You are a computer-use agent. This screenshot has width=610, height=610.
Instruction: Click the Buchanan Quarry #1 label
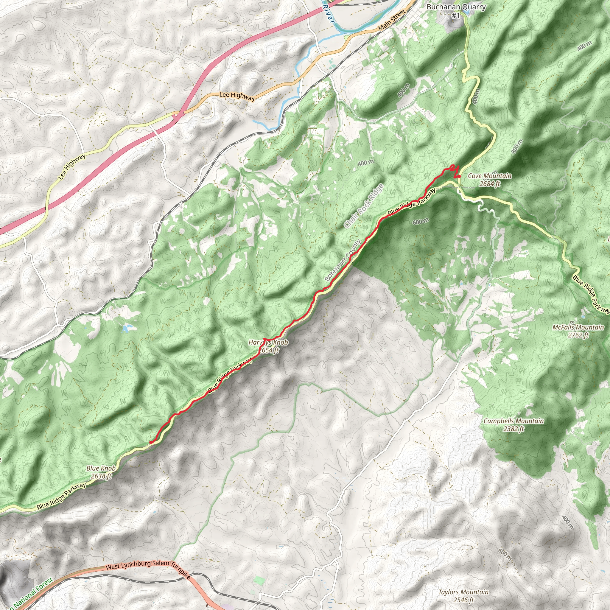click(x=456, y=11)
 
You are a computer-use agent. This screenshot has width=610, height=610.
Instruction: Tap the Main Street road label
click(x=392, y=20)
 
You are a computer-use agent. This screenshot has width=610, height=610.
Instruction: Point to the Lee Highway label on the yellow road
click(x=72, y=166)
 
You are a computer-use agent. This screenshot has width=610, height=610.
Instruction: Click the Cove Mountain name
click(x=490, y=176)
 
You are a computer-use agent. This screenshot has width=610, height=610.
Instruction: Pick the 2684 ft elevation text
click(x=490, y=183)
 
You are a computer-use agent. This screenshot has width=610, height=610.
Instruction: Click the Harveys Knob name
click(x=268, y=342)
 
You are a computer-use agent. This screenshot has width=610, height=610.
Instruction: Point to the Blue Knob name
click(x=101, y=468)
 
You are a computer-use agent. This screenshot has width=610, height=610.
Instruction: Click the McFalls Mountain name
click(x=578, y=327)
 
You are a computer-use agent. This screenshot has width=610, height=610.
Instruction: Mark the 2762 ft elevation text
click(x=578, y=335)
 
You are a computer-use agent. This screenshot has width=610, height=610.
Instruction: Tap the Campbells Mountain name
click(x=513, y=421)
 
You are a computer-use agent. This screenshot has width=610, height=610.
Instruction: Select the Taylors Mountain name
click(x=463, y=592)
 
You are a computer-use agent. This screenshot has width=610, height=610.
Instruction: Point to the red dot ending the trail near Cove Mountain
click(x=459, y=176)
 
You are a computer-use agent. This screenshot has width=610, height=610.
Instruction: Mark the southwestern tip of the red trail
click(x=150, y=442)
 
